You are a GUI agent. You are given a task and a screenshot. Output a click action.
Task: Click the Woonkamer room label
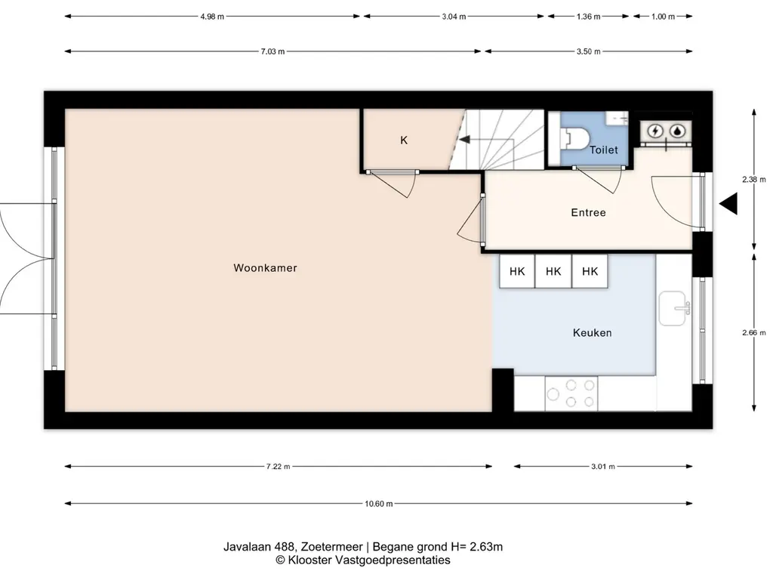click(265, 268)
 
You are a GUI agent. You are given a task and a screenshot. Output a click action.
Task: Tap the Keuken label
click(592, 333)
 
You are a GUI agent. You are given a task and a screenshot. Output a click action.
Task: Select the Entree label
click(588, 212)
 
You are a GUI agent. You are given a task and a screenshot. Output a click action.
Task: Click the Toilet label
click(603, 150)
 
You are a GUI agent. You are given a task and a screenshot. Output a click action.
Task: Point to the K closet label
click(404, 140)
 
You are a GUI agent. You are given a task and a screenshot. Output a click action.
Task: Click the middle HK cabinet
click(553, 271)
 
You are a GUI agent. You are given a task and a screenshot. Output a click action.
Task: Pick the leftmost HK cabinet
click(517, 271)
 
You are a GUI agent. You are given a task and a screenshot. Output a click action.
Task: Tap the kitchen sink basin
click(673, 308)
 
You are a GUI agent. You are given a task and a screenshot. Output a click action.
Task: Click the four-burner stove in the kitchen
click(571, 393)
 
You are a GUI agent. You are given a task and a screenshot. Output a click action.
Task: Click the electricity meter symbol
click(655, 131)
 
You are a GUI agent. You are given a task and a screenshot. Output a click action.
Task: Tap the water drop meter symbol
click(679, 131)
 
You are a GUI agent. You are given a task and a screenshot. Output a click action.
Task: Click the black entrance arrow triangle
click(728, 204)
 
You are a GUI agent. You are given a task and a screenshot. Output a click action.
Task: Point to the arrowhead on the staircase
click(464, 140)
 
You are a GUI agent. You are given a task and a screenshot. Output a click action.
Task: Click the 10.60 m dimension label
click(379, 504)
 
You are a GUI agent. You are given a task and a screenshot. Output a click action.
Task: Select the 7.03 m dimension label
click(273, 51)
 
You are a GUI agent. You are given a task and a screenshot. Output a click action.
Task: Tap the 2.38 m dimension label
click(754, 180)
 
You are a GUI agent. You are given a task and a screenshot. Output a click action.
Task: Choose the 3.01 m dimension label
click(603, 466)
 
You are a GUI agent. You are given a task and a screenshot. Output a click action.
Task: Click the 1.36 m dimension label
click(588, 17)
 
